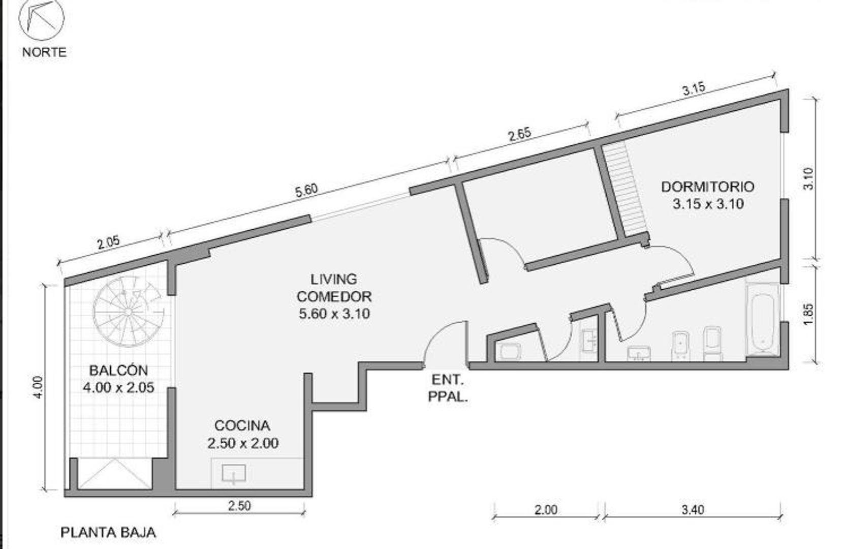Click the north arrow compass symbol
41,20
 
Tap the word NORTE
44,52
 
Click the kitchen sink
234,473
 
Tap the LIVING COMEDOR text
334,296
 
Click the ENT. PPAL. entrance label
447,388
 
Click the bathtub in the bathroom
762,319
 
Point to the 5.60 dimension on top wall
306,190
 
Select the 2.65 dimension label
519,134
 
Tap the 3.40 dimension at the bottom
693,509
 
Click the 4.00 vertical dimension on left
39,387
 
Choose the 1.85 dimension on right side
809,314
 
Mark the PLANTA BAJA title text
108,532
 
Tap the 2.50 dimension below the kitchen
239,506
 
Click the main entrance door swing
443,342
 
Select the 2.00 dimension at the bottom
545,509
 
